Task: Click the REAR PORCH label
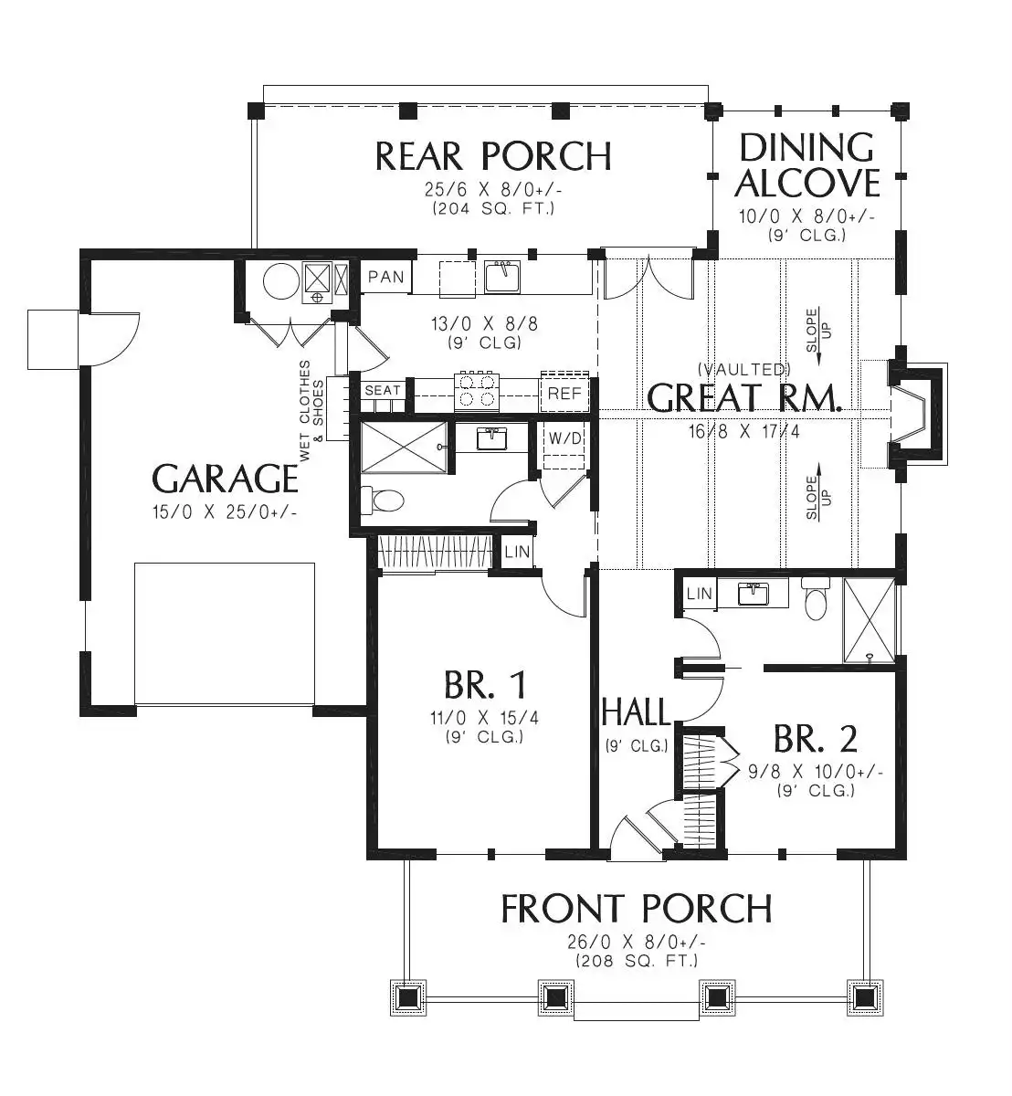pyautogui.click(x=493, y=157)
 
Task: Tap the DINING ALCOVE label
pyautogui.click(x=806, y=165)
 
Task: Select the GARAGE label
pyautogui.click(x=225, y=479)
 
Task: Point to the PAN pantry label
pyautogui.click(x=386, y=277)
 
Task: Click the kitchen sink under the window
pyautogui.click(x=501, y=278)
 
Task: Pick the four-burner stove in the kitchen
pyautogui.click(x=477, y=392)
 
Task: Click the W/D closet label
pyautogui.click(x=564, y=438)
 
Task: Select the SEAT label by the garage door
pyautogui.click(x=383, y=390)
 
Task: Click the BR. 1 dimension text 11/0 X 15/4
pyautogui.click(x=484, y=717)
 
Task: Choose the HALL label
pyautogui.click(x=636, y=711)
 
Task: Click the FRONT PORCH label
pyautogui.click(x=636, y=909)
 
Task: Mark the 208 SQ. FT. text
pyautogui.click(x=637, y=961)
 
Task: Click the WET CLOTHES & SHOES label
pyautogui.click(x=311, y=411)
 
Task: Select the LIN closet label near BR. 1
pyautogui.click(x=517, y=552)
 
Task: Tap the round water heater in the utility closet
pyautogui.click(x=281, y=281)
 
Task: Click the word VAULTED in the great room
pyautogui.click(x=743, y=369)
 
